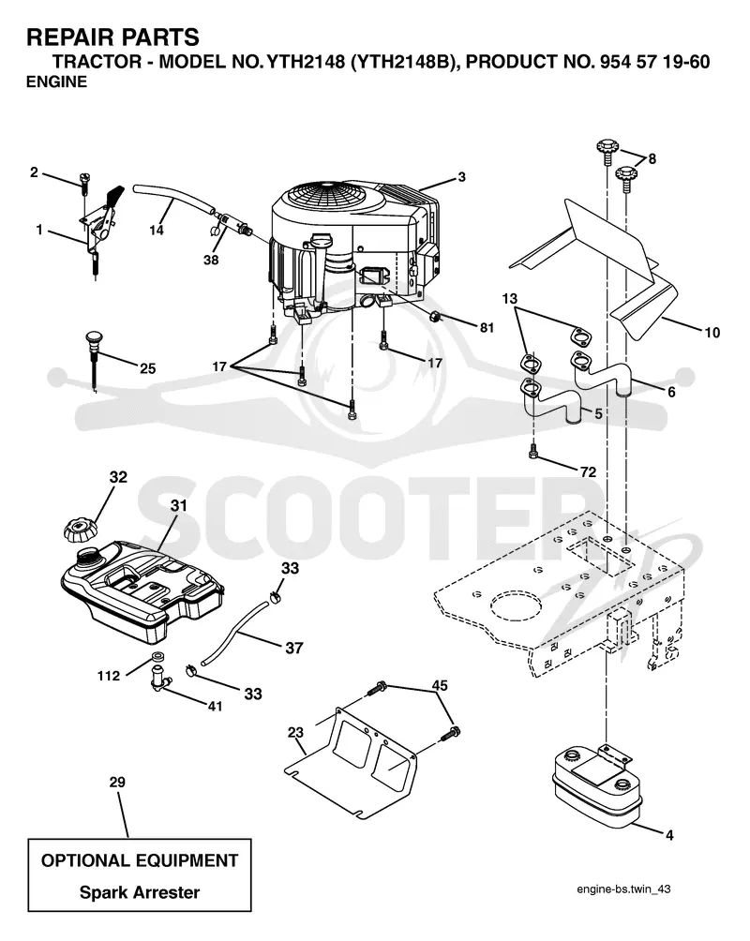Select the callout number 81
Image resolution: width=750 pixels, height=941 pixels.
click(x=487, y=328)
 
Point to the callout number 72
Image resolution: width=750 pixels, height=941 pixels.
click(x=588, y=471)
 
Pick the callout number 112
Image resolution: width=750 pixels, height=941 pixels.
click(x=109, y=676)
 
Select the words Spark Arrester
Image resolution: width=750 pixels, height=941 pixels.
click(x=140, y=892)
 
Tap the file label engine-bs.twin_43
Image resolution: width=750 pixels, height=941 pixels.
click(x=623, y=889)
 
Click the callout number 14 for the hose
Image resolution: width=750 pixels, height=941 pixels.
click(x=157, y=230)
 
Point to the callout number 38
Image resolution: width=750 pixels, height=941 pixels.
click(x=211, y=260)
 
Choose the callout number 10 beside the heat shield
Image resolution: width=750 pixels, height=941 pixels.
click(x=712, y=333)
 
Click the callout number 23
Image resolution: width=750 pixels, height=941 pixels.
click(x=295, y=732)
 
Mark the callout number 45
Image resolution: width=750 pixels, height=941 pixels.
click(x=440, y=685)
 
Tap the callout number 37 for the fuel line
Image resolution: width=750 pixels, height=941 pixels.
click(x=293, y=649)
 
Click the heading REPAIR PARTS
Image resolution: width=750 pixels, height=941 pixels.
click(x=112, y=37)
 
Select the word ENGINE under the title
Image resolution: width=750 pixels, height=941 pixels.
click(x=56, y=82)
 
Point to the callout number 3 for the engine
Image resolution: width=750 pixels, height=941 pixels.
click(x=461, y=177)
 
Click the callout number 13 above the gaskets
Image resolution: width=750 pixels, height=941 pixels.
click(x=509, y=298)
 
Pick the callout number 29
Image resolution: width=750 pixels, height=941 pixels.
click(x=117, y=782)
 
